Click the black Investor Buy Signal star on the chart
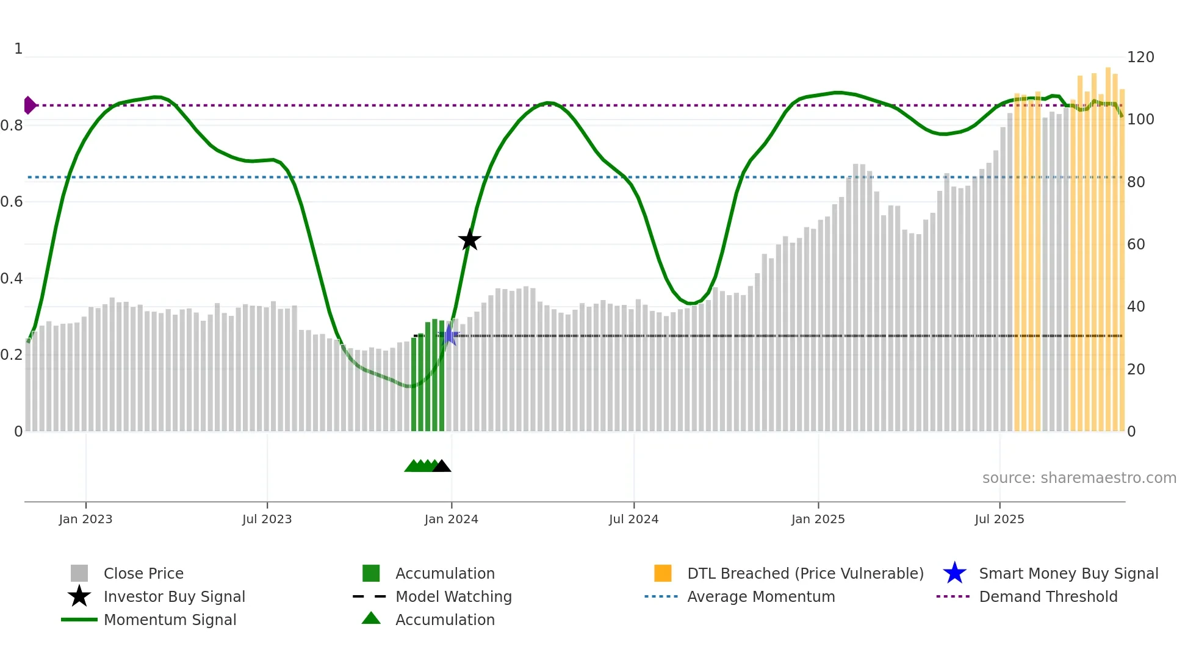469,240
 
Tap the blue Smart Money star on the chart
450,335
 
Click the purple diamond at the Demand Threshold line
29,105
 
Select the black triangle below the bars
441,466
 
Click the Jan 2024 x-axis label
451,519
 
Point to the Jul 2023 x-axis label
267,519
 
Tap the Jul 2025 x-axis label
999,519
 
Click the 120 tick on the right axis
1140,57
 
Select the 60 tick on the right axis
1136,245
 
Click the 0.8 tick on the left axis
12,126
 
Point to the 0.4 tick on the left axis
12,279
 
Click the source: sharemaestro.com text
1079,478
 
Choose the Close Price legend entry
143,573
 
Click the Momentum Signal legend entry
170,620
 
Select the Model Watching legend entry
453,596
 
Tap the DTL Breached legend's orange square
663,573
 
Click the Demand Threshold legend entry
1048,596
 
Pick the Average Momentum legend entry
761,596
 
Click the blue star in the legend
954,573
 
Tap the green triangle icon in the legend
371,618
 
